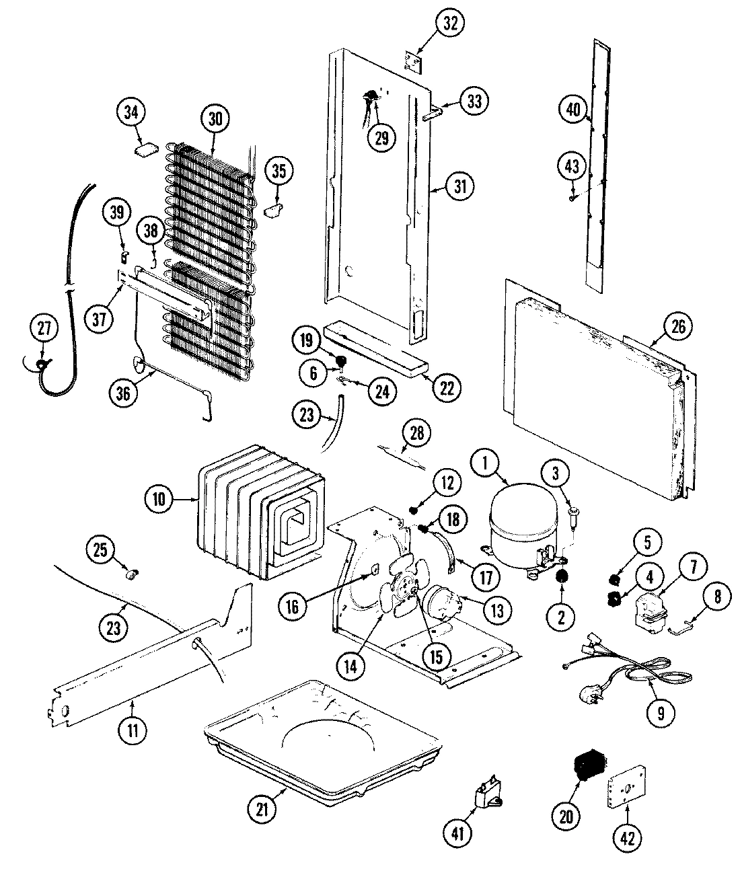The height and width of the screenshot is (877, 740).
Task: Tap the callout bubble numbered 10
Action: point(159,499)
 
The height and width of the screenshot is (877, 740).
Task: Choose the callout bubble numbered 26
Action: point(677,327)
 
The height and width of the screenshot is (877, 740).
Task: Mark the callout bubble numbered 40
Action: point(573,109)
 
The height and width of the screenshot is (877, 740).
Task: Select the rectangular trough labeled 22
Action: point(373,350)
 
